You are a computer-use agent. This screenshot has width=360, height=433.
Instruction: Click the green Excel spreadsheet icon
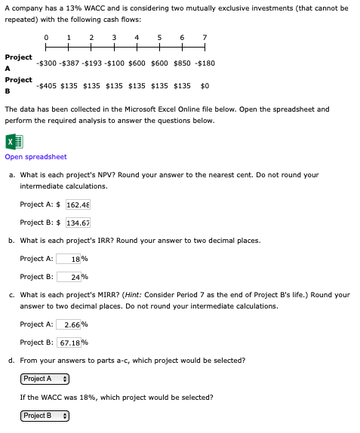[12, 141]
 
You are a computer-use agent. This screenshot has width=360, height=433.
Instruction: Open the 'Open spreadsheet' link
[35, 157]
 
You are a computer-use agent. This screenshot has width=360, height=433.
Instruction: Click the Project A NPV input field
[78, 204]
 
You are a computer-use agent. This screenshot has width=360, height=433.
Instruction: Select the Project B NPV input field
[78, 223]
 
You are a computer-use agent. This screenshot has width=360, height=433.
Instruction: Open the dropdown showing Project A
[45, 379]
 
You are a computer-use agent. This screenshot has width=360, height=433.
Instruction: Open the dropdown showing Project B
[45, 416]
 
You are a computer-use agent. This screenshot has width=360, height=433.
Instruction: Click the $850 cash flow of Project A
[182, 63]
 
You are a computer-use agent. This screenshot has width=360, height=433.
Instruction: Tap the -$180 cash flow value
[205, 63]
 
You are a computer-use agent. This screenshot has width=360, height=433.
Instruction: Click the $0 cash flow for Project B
[204, 86]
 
